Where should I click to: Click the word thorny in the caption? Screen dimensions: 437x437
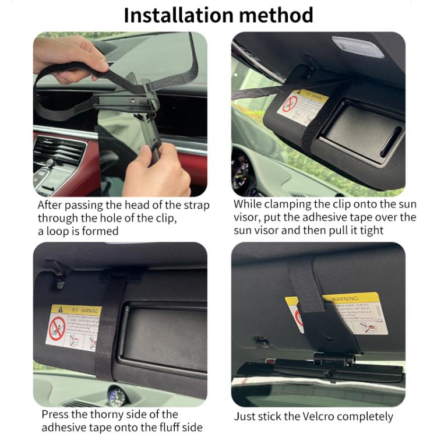coord(108,415)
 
